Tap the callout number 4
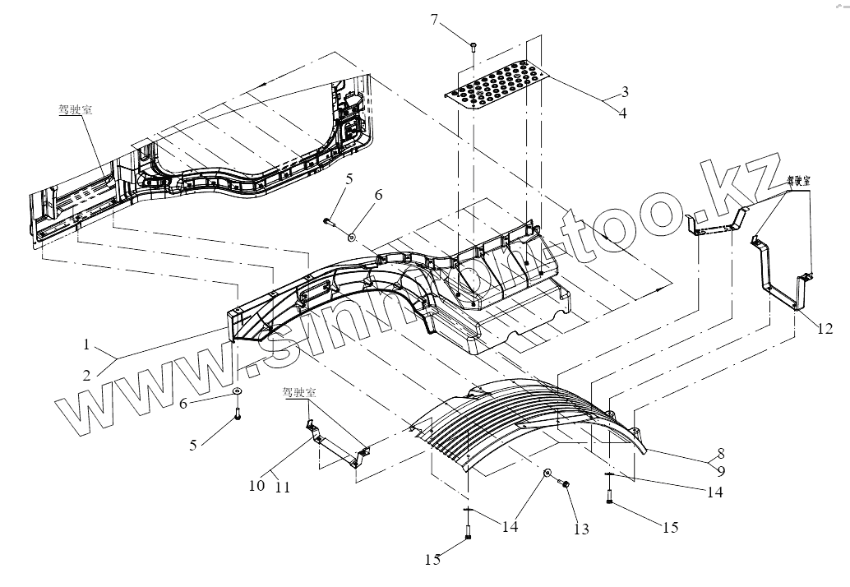[x=624, y=113]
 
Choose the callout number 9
[x=720, y=471]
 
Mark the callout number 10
[x=256, y=485]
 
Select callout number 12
[x=825, y=330]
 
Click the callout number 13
[x=581, y=529]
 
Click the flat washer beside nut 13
[x=547, y=474]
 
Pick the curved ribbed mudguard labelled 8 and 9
[x=534, y=419]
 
